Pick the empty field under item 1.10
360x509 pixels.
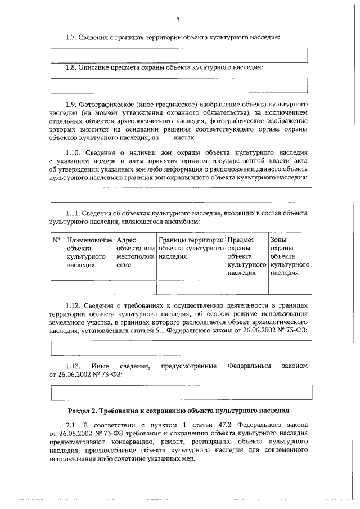point(181,194)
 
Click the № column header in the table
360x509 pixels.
point(56,240)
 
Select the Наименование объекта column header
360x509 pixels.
point(89,252)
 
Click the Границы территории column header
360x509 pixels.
point(191,247)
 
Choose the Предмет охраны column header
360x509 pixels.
point(246,256)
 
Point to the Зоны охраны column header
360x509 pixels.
point(290,256)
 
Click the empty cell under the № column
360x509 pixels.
point(57,287)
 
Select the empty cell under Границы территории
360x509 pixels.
point(191,287)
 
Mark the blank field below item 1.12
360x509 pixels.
point(181,348)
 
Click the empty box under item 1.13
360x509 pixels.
point(181,391)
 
